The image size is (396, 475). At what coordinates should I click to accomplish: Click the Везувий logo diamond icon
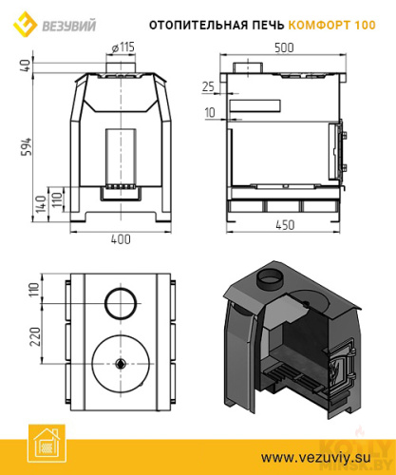coord(26,25)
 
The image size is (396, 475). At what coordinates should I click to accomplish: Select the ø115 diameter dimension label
coord(123,47)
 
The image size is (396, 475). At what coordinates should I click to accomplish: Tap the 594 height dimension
coord(27,146)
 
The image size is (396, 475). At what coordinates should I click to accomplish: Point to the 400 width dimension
coord(121,239)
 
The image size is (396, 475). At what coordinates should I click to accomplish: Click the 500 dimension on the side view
coord(284,47)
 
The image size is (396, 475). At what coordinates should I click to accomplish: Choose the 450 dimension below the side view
coord(285,225)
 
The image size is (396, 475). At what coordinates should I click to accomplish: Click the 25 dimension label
coord(208,86)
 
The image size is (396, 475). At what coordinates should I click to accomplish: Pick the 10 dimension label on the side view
coord(210,112)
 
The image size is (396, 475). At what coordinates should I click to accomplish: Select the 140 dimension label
coord(41,204)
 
